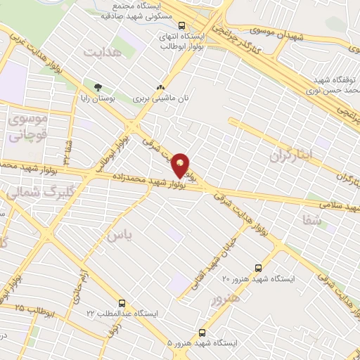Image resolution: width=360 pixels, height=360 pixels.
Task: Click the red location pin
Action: (x=181, y=165)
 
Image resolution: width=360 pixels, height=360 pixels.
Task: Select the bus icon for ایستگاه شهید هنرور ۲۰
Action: (x=258, y=268)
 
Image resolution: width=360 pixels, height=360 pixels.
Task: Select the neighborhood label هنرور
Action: (x=225, y=298)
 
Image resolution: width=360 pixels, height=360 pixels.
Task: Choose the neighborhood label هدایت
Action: (x=103, y=53)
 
